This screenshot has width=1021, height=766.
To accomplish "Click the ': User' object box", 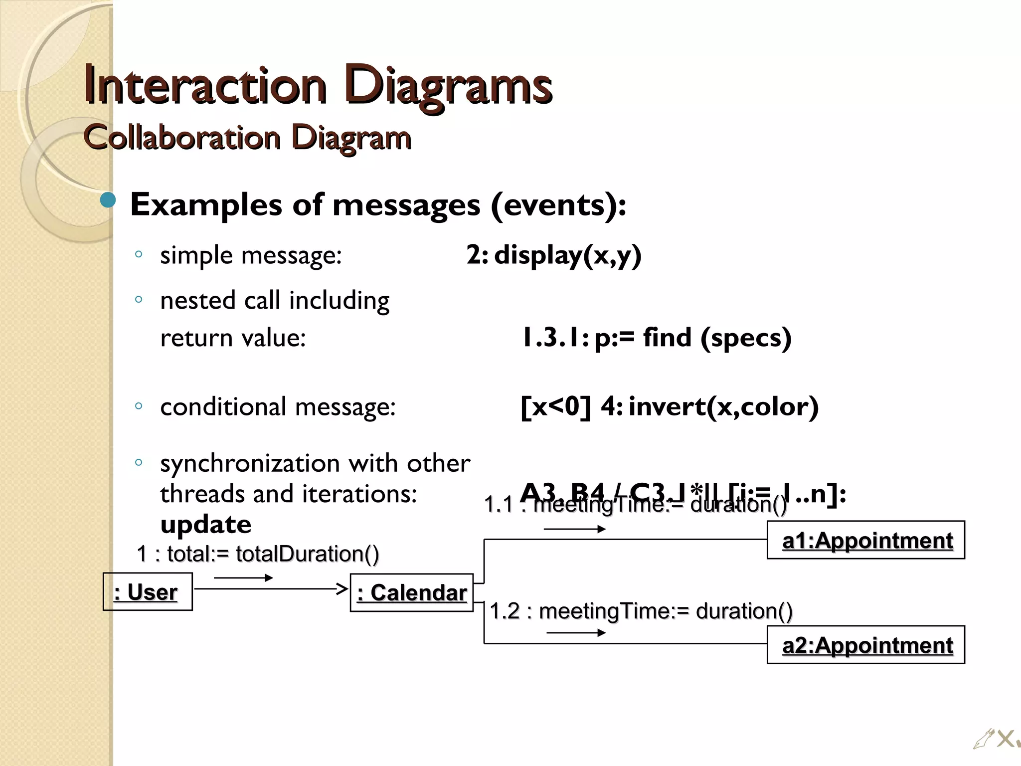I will click(x=148, y=592).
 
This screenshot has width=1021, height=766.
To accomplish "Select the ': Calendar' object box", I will click(x=412, y=593).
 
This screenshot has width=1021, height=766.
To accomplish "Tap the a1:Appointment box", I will click(x=866, y=540).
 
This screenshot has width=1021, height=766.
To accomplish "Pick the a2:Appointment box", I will click(x=866, y=645).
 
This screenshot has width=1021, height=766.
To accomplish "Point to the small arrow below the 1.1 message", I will click(x=574, y=529).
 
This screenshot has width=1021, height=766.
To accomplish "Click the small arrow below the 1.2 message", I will click(x=576, y=633).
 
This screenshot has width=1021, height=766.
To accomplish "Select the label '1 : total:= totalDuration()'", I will click(x=258, y=554).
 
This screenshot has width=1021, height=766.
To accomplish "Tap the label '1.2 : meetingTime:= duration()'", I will click(x=641, y=611).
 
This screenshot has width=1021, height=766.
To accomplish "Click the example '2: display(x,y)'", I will click(x=554, y=255).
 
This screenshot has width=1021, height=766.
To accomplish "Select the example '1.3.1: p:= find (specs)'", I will click(x=656, y=338).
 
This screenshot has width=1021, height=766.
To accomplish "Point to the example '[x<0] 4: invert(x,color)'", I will click(x=669, y=406).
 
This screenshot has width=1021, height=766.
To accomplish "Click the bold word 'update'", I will click(x=205, y=524).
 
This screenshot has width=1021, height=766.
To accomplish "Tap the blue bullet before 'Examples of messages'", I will click(x=108, y=201).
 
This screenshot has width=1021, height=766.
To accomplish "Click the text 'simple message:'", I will click(x=251, y=255).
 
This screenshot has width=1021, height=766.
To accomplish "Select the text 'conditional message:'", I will click(x=278, y=406).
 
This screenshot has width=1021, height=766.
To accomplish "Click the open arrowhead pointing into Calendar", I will click(x=342, y=589).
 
